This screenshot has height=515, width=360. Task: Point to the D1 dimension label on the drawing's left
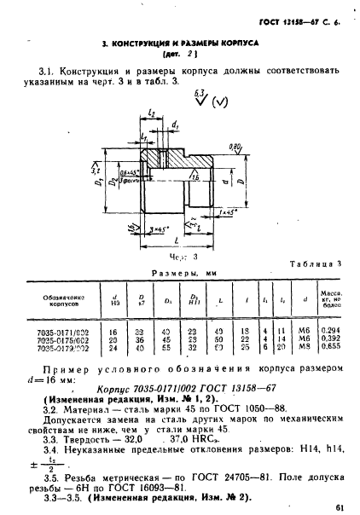(99, 181)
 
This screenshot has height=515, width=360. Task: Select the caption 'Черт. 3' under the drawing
(177, 255)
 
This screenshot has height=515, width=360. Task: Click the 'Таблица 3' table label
(314, 264)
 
